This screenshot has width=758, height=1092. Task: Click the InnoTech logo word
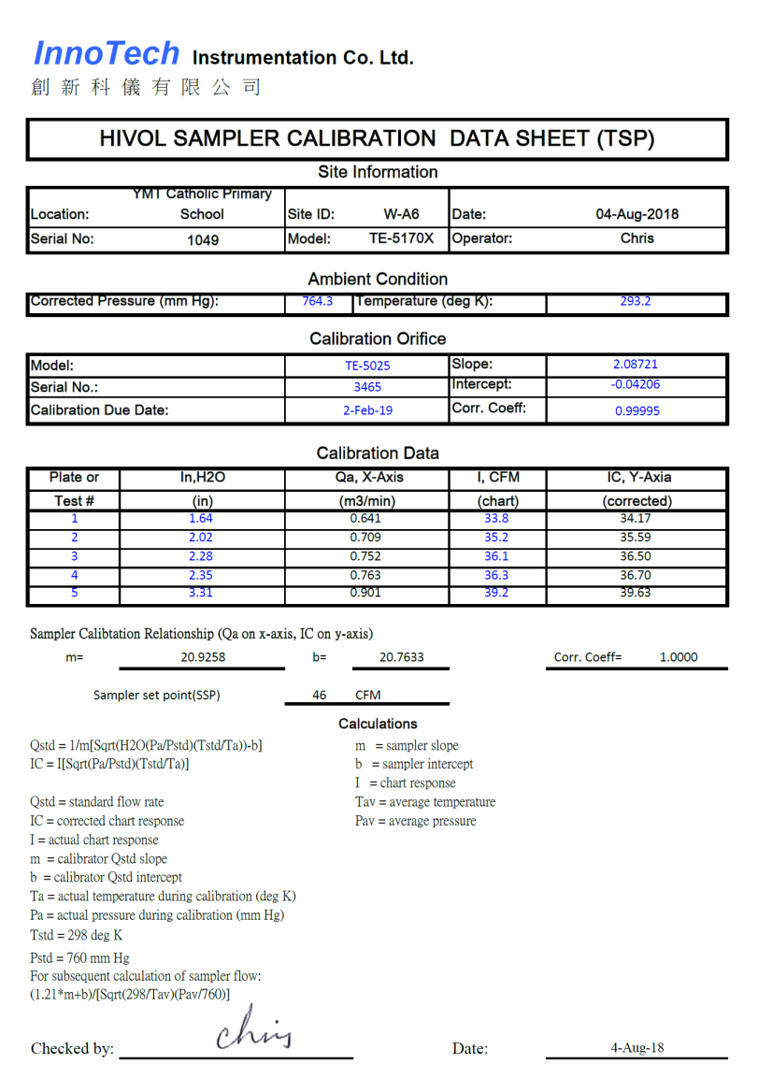coord(106,54)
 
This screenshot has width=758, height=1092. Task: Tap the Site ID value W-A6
coord(402,214)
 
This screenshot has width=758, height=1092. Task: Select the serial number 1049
coord(203,240)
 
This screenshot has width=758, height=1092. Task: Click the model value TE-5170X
coord(402,238)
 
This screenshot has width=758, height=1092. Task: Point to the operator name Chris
coord(637,238)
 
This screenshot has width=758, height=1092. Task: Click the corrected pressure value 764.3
coord(318,301)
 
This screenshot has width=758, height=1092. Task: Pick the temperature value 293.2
coord(636,301)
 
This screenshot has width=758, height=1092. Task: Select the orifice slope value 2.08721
coord(636,365)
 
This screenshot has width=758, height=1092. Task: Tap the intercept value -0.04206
coord(636,384)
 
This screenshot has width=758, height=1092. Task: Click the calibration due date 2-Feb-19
coord(367,409)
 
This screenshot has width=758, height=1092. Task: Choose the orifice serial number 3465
coord(367,386)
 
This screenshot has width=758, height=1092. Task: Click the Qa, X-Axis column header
coord(367,478)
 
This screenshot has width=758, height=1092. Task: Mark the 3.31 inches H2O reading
coord(202,593)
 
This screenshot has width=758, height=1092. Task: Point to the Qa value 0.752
coord(365,556)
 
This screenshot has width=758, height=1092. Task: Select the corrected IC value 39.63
coord(636,593)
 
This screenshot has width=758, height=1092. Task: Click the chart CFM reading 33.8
coord(496,519)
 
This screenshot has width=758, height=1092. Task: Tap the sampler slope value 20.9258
coord(203,657)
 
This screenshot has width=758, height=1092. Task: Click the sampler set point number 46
coord(320,696)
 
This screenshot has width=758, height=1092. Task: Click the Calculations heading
coord(378,724)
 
